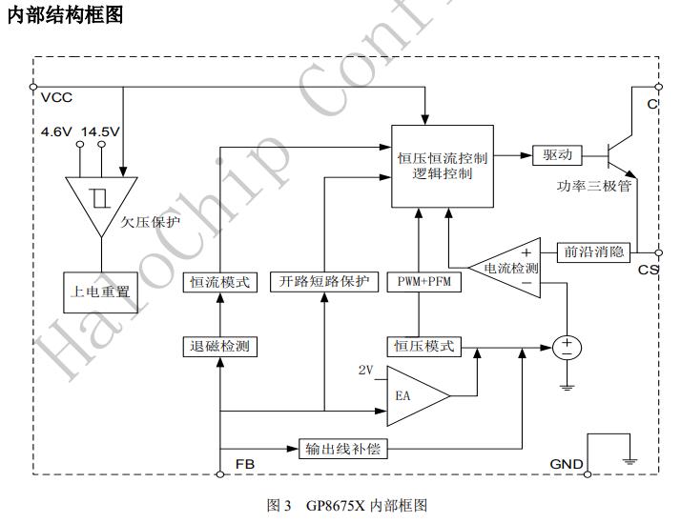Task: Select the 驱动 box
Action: coord(557,154)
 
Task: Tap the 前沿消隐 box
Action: coord(592,251)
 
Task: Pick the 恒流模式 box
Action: coord(220,282)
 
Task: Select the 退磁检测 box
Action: coord(219,346)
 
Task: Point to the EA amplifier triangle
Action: coord(412,393)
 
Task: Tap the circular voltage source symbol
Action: coord(567,348)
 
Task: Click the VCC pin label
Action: coord(57,98)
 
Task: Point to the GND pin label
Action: coord(567,464)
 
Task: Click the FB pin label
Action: coord(244,464)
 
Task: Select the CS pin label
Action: coord(649,270)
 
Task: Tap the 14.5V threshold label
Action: coord(100,131)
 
